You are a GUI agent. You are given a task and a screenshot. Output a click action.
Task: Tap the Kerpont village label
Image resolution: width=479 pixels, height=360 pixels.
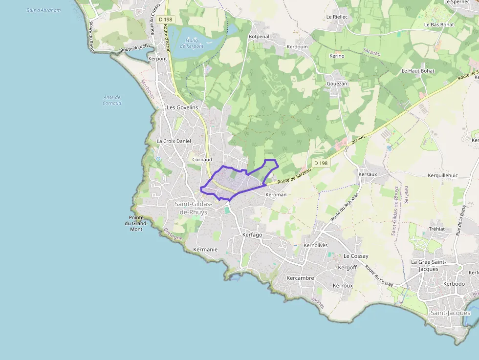tap(157, 59)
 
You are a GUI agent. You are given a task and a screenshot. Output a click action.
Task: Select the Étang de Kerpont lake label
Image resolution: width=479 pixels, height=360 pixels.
tap(192, 43)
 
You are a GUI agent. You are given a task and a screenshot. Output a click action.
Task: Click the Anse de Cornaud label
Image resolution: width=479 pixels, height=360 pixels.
tap(112, 100)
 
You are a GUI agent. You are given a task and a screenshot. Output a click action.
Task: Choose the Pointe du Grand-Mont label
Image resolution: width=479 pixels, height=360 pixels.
tap(136, 223)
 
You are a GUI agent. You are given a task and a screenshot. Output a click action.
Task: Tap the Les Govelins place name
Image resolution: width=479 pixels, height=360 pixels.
tap(182, 107)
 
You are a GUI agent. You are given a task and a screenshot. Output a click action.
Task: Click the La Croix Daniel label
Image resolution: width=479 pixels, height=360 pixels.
tap(174, 141)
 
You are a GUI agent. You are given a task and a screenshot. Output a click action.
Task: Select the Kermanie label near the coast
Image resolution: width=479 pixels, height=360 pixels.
tap(205, 249)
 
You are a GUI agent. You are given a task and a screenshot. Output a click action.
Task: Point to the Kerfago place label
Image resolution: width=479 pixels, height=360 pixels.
tap(252, 235)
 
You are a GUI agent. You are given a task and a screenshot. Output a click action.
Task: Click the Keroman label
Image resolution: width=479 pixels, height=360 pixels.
tap(276, 194)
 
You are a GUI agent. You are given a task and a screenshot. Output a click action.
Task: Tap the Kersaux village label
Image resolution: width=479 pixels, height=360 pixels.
tap(368, 174)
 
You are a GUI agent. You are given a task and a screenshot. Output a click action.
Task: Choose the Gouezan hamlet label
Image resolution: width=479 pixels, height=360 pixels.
tap(337, 84)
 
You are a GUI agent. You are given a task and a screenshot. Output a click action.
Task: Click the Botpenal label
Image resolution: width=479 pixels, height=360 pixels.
tap(259, 37)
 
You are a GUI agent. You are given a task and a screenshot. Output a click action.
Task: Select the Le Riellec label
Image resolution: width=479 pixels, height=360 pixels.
tap(337, 17)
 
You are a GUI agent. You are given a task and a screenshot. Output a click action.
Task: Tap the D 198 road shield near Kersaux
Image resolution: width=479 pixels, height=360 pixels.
tap(321, 163)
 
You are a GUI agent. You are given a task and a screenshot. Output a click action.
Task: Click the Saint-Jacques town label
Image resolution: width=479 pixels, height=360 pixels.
tap(450, 313)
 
